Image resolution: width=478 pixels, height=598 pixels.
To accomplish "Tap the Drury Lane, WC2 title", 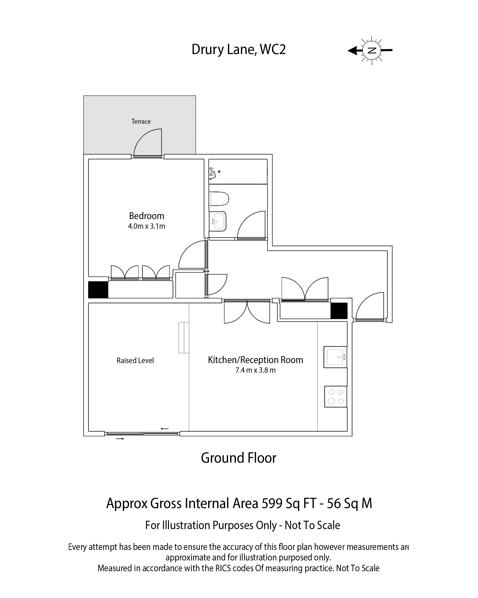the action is click(x=239, y=49).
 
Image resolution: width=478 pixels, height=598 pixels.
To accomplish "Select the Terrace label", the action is click(x=141, y=122).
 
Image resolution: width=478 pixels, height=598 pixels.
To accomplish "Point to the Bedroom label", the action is click(x=147, y=216).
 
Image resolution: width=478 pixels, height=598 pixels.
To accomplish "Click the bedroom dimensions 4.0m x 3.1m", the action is click(x=147, y=226).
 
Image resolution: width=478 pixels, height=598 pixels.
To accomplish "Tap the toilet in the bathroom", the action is click(x=219, y=199).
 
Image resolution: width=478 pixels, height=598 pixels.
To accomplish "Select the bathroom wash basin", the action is click(x=218, y=221).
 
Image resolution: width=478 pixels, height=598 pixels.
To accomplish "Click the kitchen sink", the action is click(x=336, y=357).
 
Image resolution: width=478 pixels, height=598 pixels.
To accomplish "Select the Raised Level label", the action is click(x=135, y=360).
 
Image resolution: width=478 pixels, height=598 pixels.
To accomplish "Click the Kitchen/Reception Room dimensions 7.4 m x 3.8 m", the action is click(x=255, y=370).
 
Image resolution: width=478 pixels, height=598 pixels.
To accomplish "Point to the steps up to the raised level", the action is click(x=184, y=338).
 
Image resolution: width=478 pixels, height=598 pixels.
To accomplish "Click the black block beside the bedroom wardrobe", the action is click(x=98, y=290).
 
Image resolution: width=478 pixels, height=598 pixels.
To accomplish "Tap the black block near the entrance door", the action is click(x=339, y=311).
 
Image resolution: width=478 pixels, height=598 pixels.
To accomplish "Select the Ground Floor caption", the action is click(x=239, y=458).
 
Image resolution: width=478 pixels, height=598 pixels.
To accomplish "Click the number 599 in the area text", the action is click(x=272, y=504).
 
